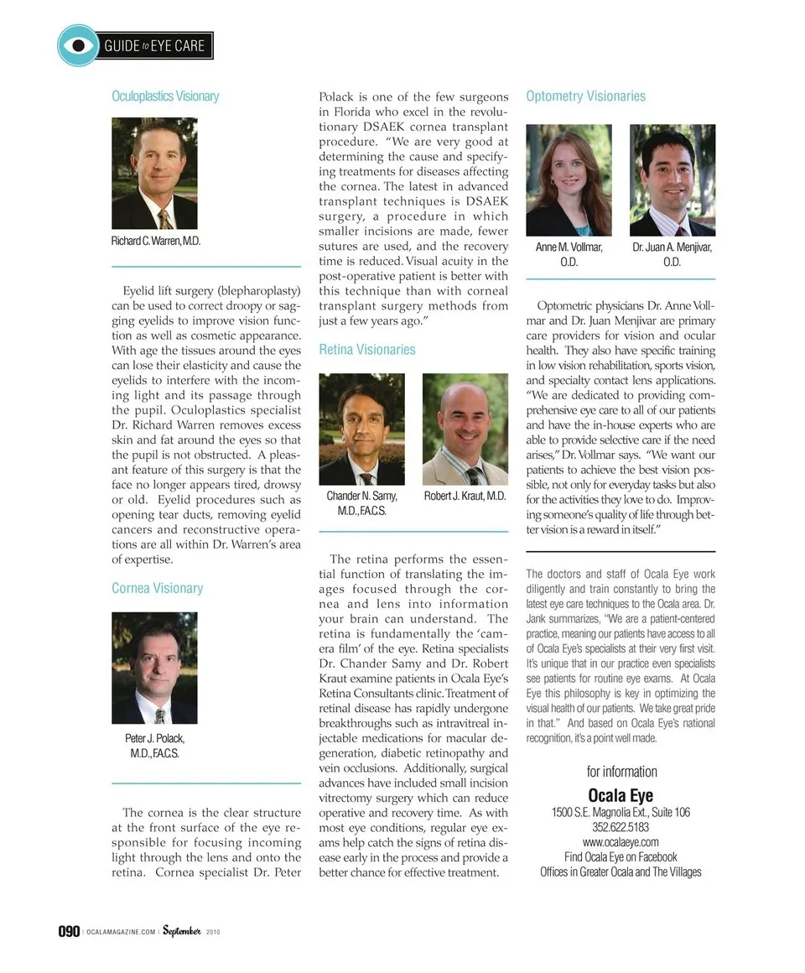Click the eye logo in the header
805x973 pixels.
tap(78, 45)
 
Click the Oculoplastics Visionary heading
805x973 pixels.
tap(165, 96)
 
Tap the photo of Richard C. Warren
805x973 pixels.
tap(154, 174)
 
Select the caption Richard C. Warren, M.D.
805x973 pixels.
tap(156, 241)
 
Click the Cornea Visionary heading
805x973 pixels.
tap(157, 588)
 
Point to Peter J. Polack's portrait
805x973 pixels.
tap(154, 668)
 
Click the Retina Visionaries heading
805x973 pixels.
tap(366, 349)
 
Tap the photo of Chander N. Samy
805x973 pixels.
tap(361, 429)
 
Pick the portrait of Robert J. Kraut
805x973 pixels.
tap(465, 429)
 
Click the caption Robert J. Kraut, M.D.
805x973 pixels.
tap(465, 496)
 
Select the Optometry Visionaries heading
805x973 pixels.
tap(585, 96)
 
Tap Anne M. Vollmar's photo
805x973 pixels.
tap(569, 180)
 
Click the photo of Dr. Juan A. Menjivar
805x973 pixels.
tap(672, 180)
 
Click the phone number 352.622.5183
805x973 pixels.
tap(621, 827)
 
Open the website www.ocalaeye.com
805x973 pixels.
tap(621, 842)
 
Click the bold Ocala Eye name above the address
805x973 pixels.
tap(621, 794)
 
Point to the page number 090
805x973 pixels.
tap(68, 932)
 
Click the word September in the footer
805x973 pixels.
tap(181, 931)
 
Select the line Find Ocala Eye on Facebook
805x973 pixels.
tap(621, 857)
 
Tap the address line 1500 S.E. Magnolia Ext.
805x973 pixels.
tap(621, 812)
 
